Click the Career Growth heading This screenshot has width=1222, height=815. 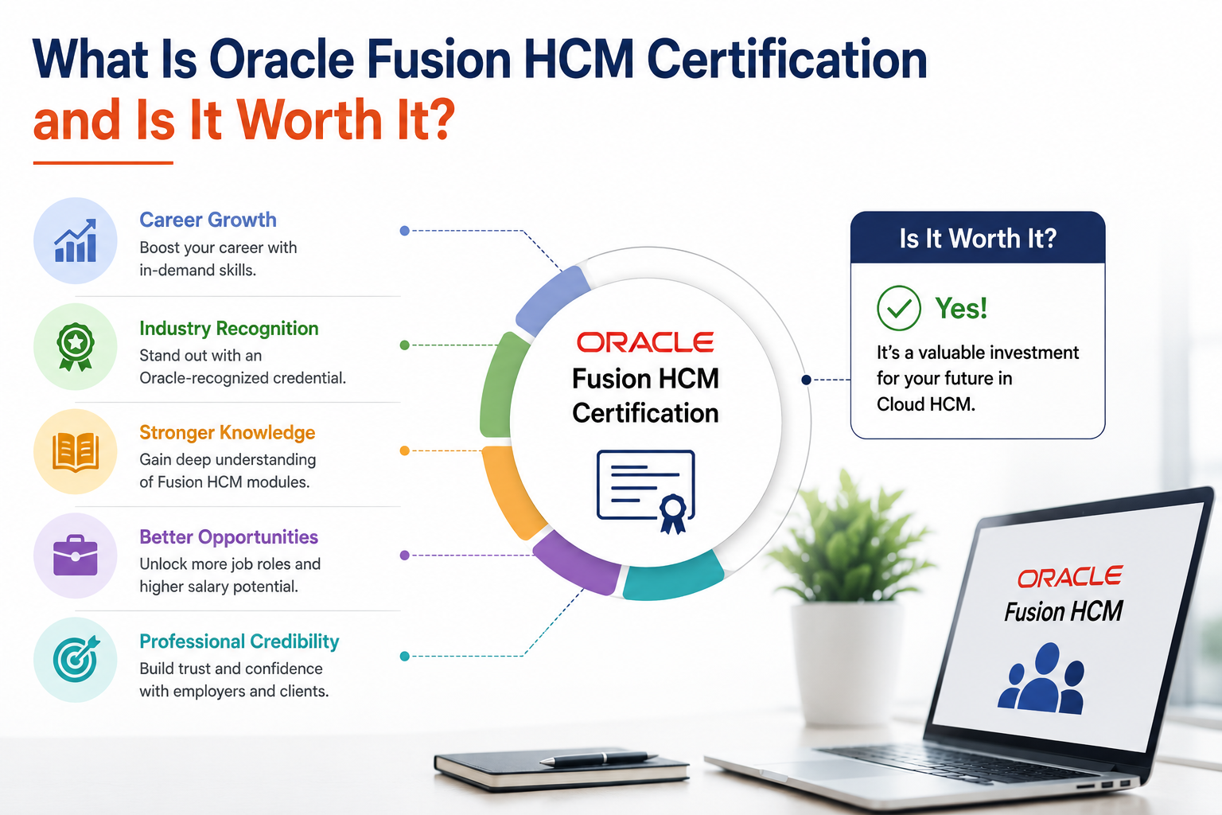click(x=208, y=220)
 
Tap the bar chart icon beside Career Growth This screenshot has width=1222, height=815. click(x=76, y=240)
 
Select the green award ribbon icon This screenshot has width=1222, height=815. click(x=76, y=347)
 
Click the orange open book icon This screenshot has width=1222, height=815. click(x=76, y=452)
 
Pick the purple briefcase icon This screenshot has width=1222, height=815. click(x=76, y=556)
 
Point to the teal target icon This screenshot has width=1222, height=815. click(x=76, y=659)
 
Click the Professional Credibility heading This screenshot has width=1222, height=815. click(x=239, y=641)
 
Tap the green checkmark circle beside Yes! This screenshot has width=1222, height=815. click(x=898, y=308)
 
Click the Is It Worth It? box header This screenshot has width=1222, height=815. click(x=978, y=237)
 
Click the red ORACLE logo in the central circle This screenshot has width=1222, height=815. click(x=645, y=342)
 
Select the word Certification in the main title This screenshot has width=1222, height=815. click(x=787, y=59)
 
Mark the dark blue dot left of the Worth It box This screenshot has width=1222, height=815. click(x=806, y=380)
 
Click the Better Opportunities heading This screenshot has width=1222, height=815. click(x=228, y=537)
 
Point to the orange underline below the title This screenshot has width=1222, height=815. click(x=103, y=162)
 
